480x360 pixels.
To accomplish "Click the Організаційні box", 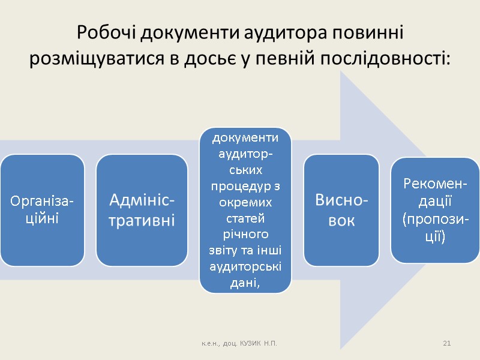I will click(42, 211).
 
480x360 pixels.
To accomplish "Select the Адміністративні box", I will click(142, 211).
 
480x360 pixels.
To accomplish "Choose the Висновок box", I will click(341, 211).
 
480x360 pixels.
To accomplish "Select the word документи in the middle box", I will click(245, 138).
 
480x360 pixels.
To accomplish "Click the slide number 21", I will click(446, 343).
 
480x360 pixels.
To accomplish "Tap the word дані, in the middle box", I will click(245, 282).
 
